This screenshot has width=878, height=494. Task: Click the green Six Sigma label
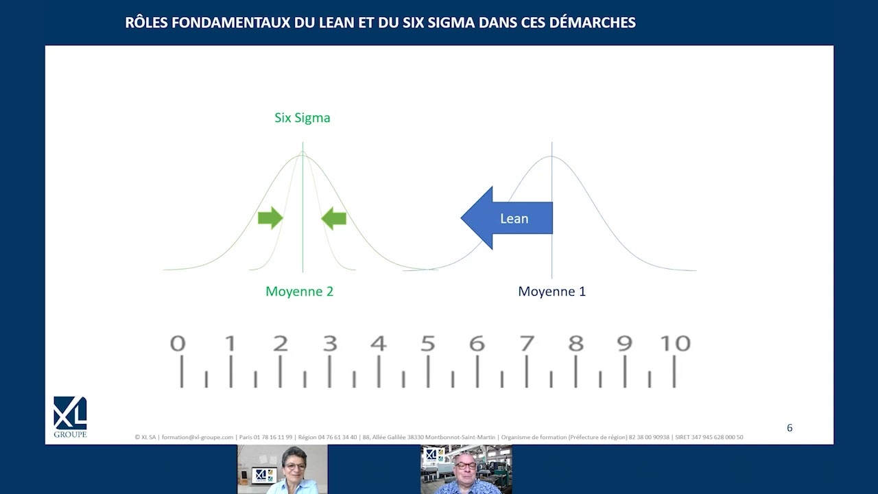click(302, 117)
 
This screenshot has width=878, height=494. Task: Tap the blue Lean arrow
click(507, 218)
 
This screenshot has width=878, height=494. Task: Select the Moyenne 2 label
click(300, 292)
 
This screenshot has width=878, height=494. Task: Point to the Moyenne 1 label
click(552, 292)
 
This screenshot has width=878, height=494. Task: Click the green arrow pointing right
click(270, 218)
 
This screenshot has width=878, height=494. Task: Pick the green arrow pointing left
click(333, 218)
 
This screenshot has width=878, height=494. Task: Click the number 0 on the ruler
click(178, 343)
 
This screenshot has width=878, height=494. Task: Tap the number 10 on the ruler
click(676, 343)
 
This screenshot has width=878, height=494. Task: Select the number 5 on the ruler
click(427, 343)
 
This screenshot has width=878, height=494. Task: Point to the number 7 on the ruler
click(527, 343)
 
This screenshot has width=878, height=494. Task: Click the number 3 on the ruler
click(330, 343)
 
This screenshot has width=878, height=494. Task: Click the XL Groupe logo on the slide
click(70, 416)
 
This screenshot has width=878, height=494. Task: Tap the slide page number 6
click(790, 427)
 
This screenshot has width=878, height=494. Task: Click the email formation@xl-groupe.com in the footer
click(198, 437)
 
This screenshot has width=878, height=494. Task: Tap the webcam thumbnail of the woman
click(282, 469)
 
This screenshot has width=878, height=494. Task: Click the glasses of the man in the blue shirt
click(465, 466)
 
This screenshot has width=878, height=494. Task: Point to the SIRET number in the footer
click(709, 437)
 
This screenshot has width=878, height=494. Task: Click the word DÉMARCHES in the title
click(592, 23)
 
